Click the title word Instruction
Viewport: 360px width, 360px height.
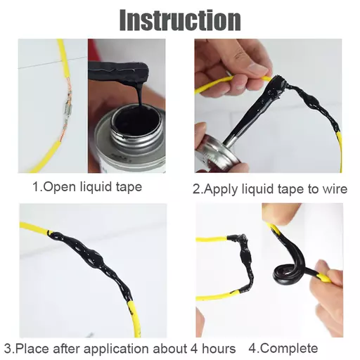pos(180,20)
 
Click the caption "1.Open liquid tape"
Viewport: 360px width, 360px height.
pos(87,187)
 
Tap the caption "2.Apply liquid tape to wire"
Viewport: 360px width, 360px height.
pos(267,188)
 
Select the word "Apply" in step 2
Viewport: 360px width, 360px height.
pos(219,188)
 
